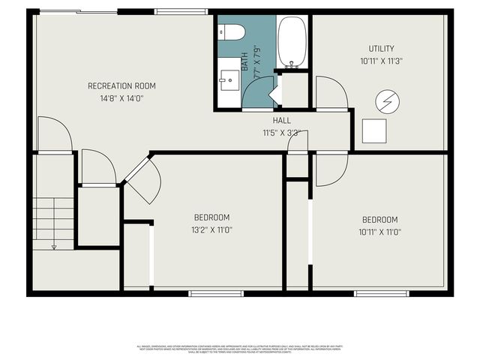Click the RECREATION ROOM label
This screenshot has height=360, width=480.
point(121,85)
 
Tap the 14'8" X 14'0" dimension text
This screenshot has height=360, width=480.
point(121,97)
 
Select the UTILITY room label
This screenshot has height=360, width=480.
point(381,49)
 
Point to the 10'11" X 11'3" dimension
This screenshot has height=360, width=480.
point(381,61)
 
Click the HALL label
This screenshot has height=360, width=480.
point(282,120)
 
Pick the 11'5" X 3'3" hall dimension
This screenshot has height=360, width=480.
point(282,133)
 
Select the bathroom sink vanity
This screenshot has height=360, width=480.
point(229,78)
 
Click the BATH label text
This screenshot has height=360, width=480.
point(244,59)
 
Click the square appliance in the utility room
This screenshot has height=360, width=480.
point(374,131)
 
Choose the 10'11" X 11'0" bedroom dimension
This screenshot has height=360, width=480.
point(379,232)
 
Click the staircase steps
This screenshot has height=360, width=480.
point(53,217)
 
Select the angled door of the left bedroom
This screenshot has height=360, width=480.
point(144,182)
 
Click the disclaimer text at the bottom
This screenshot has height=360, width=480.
point(240,348)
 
